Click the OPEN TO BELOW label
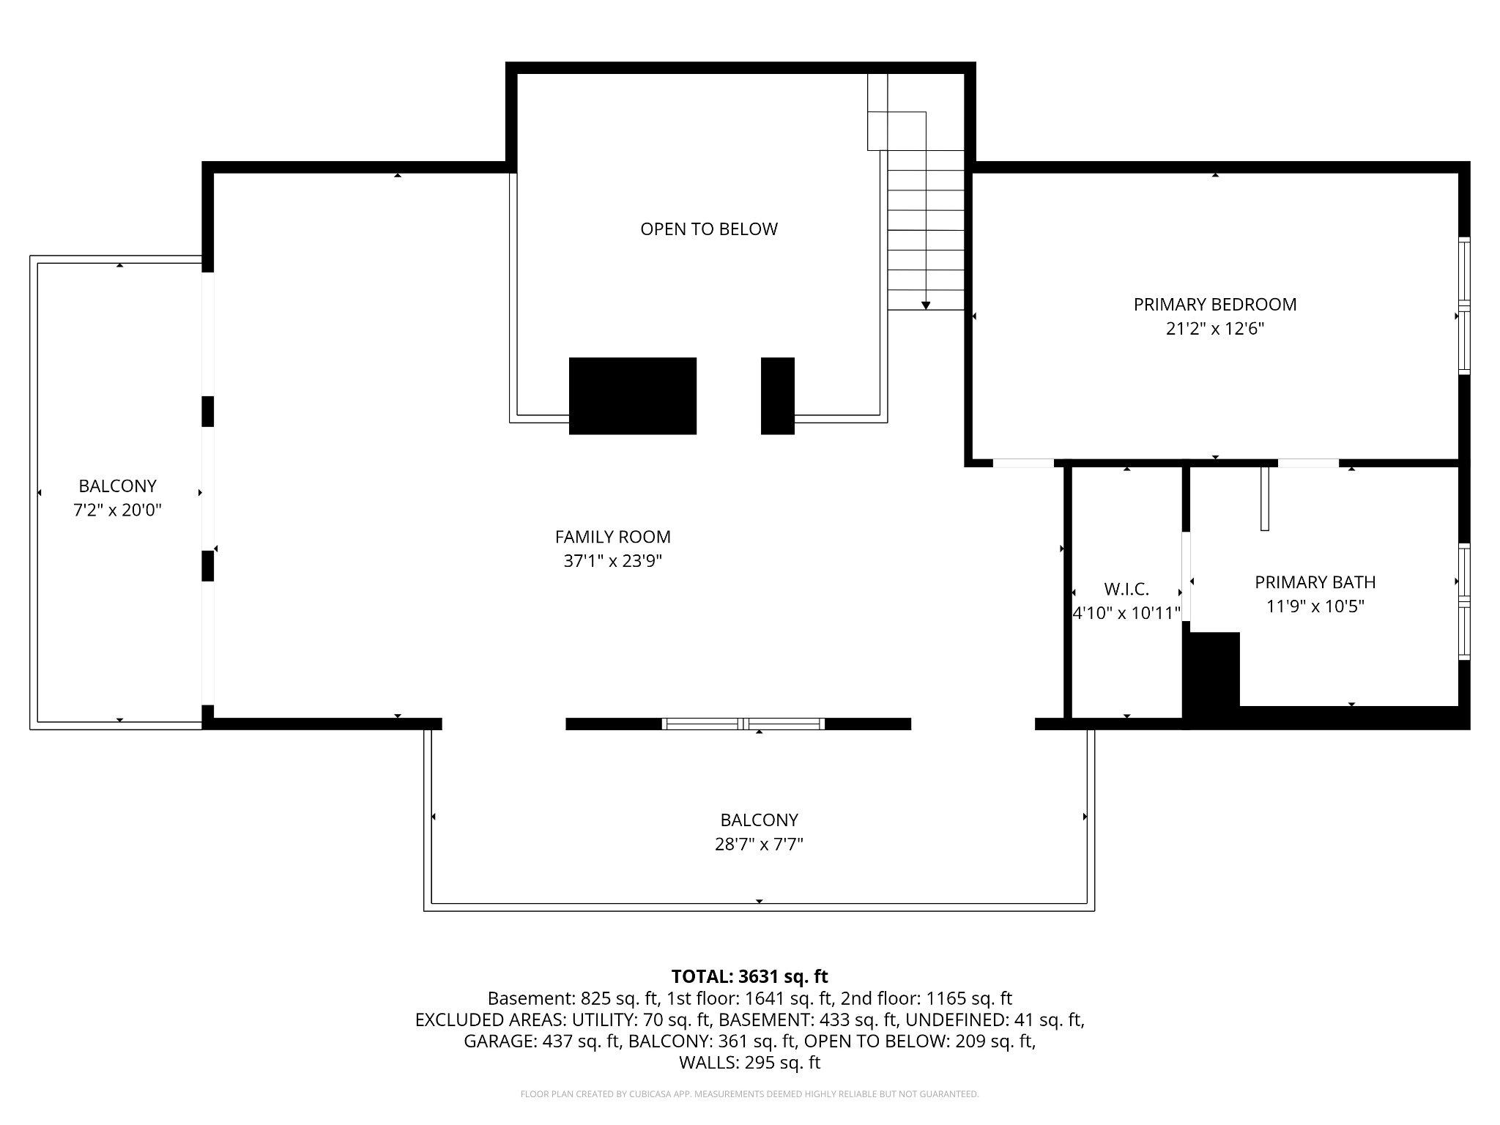coord(708,229)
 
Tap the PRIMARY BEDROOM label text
coord(1214,305)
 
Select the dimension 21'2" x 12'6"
coord(1214,329)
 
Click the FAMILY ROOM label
coord(612,537)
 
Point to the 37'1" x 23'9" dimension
coord(612,561)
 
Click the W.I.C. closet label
coord(1126,589)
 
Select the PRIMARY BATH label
coord(1315,582)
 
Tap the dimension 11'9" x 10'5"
coord(1315,606)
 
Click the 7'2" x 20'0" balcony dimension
coord(117,510)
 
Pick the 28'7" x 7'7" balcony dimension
coord(759,844)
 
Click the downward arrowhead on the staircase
coord(926,305)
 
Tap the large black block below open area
coord(632,396)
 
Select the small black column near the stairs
coord(777,396)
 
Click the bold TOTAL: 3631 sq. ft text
coord(749,976)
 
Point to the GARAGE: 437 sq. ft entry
coord(542,1041)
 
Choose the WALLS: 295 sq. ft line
coord(749,1062)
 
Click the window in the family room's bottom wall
coord(743,724)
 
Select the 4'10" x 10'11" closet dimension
coord(1126,613)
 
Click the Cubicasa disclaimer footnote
coord(749,1094)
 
